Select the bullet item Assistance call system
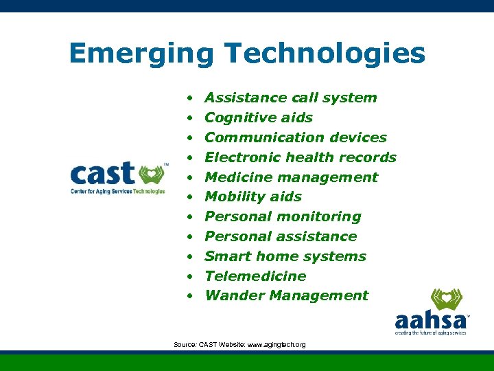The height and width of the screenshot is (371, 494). [290, 98]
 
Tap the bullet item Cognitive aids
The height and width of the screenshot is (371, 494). [258, 117]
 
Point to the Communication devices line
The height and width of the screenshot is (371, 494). [295, 137]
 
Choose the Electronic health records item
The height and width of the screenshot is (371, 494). [300, 157]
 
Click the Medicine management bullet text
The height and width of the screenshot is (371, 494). [291, 177]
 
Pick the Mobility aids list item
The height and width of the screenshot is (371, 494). [252, 196]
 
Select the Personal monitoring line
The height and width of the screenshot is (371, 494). [282, 216]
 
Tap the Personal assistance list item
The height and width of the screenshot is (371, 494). [280, 236]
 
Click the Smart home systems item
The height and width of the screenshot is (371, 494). [285, 256]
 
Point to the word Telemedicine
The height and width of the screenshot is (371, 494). [255, 276]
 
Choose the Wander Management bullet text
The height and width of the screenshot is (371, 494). [286, 295]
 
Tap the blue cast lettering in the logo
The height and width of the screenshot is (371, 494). [103, 175]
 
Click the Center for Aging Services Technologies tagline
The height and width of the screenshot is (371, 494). [117, 192]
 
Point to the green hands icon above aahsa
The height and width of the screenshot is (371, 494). [446, 300]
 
